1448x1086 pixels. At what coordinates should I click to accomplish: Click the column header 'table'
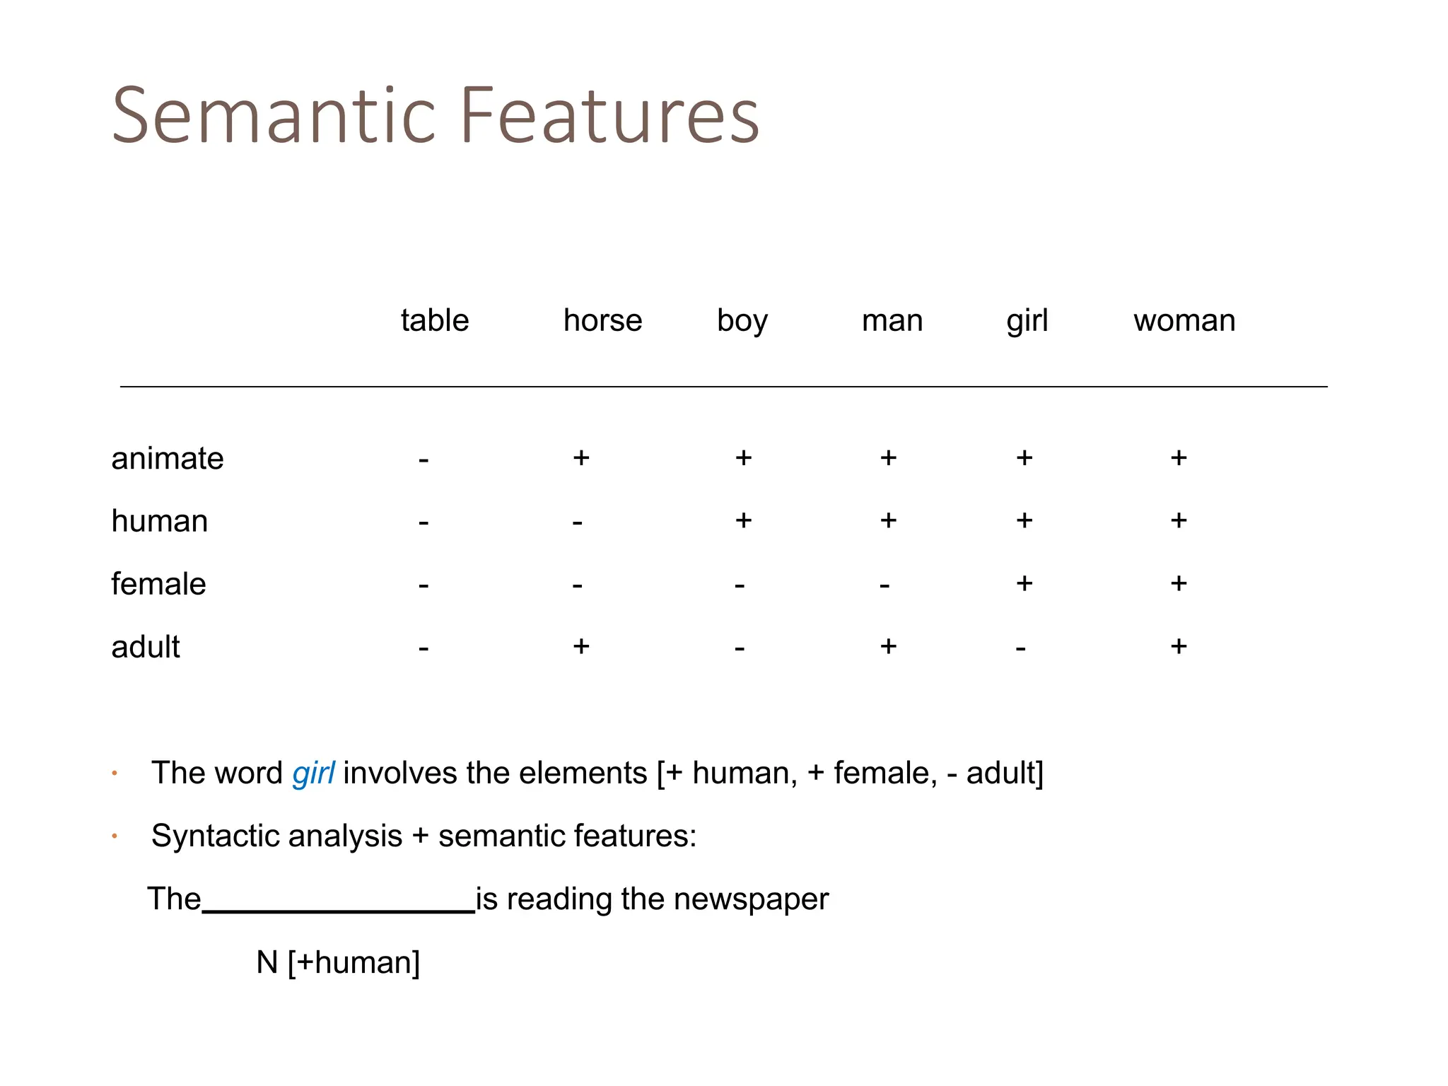435,320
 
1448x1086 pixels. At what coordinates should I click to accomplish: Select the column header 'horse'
602,320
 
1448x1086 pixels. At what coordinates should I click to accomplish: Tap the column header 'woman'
1184,320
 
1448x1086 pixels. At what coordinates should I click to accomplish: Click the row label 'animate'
168,458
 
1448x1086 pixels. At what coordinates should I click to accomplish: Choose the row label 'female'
158,584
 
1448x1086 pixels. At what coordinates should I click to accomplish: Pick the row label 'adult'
146,647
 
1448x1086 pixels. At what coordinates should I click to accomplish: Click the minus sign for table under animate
424,460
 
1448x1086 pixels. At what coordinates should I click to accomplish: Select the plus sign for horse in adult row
581,646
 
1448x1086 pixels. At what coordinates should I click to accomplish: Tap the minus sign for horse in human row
578,523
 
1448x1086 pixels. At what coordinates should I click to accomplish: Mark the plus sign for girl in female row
1024,583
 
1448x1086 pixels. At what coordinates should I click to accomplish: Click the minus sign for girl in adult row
1020,648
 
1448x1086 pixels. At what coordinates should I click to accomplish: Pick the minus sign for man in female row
884,586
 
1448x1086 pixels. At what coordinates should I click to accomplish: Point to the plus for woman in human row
1179,520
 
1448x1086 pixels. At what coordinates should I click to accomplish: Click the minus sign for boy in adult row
740,648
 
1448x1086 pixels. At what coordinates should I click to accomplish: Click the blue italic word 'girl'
313,773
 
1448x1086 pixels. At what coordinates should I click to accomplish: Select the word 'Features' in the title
609,115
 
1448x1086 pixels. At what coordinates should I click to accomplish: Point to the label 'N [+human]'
338,962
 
